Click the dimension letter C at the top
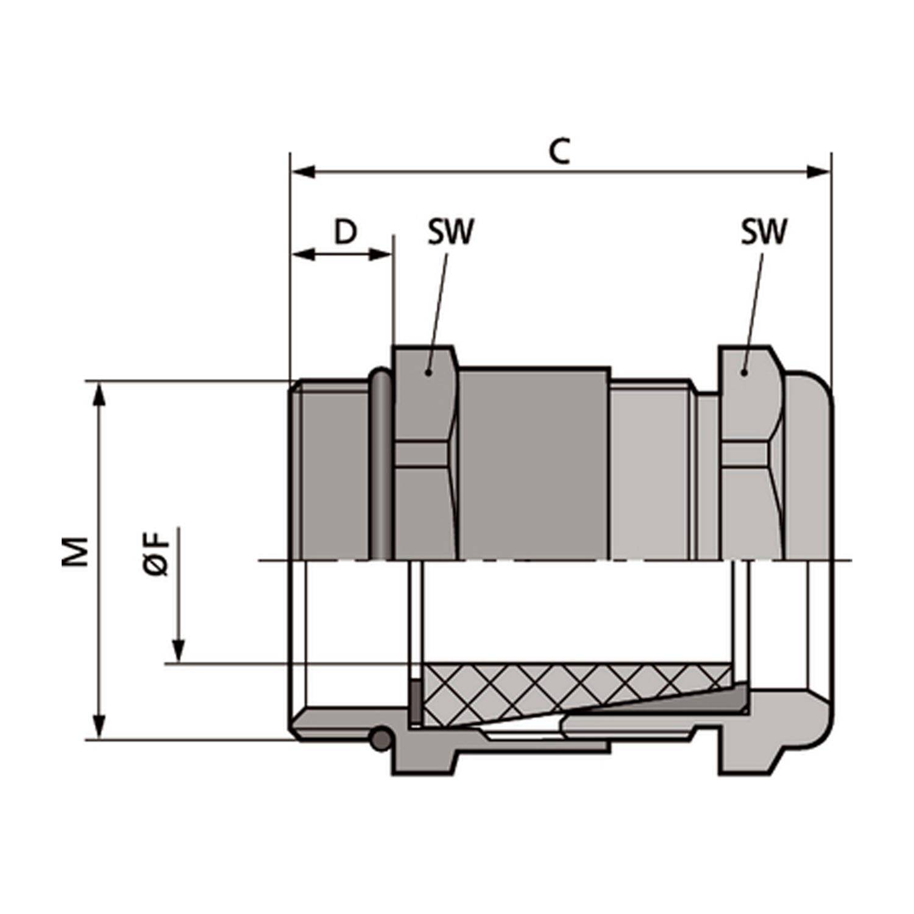click(x=559, y=152)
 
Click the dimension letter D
click(x=345, y=232)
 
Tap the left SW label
click(x=450, y=232)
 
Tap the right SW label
click(x=763, y=232)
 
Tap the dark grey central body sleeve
click(x=534, y=463)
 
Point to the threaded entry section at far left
click(x=332, y=469)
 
